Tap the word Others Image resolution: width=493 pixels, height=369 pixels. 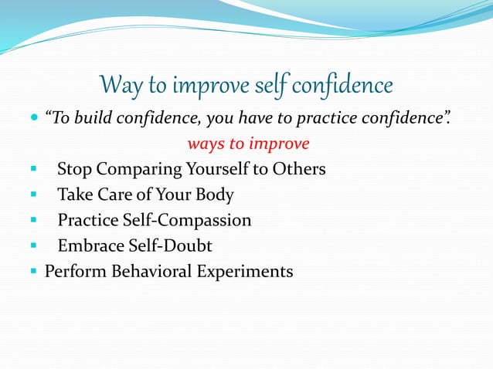[297, 169]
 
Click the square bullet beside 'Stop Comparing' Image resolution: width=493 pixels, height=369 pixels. [33, 169]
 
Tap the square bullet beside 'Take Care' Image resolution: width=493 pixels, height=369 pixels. [33, 195]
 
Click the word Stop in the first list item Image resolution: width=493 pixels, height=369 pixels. [74, 169]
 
